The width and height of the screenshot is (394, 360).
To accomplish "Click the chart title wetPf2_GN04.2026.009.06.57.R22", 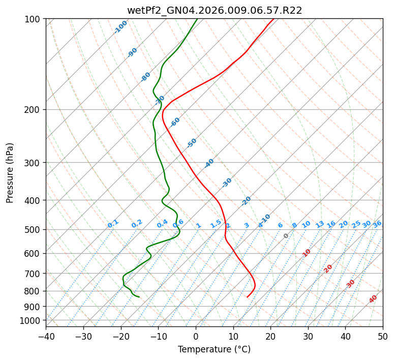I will click(x=214, y=10).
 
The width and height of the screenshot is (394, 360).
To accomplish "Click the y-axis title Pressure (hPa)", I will click(x=10, y=173).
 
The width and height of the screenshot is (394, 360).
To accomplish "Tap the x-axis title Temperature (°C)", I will click(x=214, y=349).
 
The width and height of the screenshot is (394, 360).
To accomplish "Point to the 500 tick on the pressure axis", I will click(x=33, y=230).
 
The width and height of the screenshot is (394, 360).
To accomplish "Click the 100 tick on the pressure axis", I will click(x=33, y=19).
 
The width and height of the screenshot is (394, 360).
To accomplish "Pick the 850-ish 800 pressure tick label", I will click(x=33, y=291).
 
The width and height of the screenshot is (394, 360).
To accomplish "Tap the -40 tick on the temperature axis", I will click(x=46, y=336).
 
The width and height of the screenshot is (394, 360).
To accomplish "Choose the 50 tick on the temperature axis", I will click(x=383, y=336).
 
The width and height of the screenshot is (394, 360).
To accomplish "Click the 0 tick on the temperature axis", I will click(x=196, y=336).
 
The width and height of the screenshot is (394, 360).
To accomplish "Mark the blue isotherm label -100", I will click(x=120, y=27).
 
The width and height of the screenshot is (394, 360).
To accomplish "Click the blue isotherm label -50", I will click(x=192, y=143).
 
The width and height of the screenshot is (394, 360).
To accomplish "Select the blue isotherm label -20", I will click(x=246, y=201).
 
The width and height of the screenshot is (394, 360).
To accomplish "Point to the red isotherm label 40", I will click(x=373, y=299).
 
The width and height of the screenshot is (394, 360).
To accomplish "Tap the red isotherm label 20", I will click(x=328, y=268).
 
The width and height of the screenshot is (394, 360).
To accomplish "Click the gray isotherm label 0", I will click(x=286, y=236).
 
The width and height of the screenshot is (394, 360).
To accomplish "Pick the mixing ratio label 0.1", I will click(x=113, y=223).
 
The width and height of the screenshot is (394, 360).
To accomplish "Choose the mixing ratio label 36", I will click(x=377, y=224).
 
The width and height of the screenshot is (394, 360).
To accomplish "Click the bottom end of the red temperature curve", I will click(x=247, y=297).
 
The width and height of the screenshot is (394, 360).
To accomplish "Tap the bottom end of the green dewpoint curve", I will click(x=139, y=297).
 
